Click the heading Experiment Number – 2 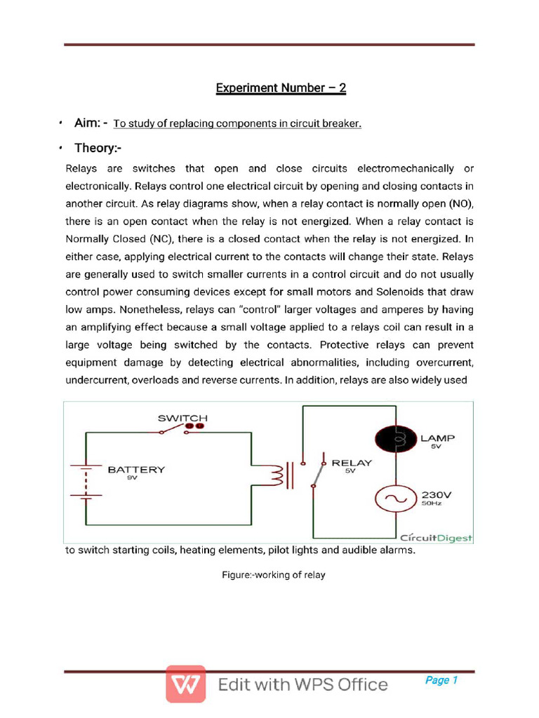click(x=281, y=88)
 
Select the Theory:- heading click(x=99, y=149)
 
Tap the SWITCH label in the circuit click(x=182, y=418)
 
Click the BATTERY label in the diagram click(x=136, y=470)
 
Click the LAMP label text click(x=437, y=438)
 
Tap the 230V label click(x=437, y=494)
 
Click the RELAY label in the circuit click(x=352, y=463)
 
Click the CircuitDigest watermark click(x=437, y=538)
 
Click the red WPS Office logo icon click(x=186, y=684)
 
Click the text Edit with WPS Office click(x=302, y=684)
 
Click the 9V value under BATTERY click(x=131, y=477)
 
